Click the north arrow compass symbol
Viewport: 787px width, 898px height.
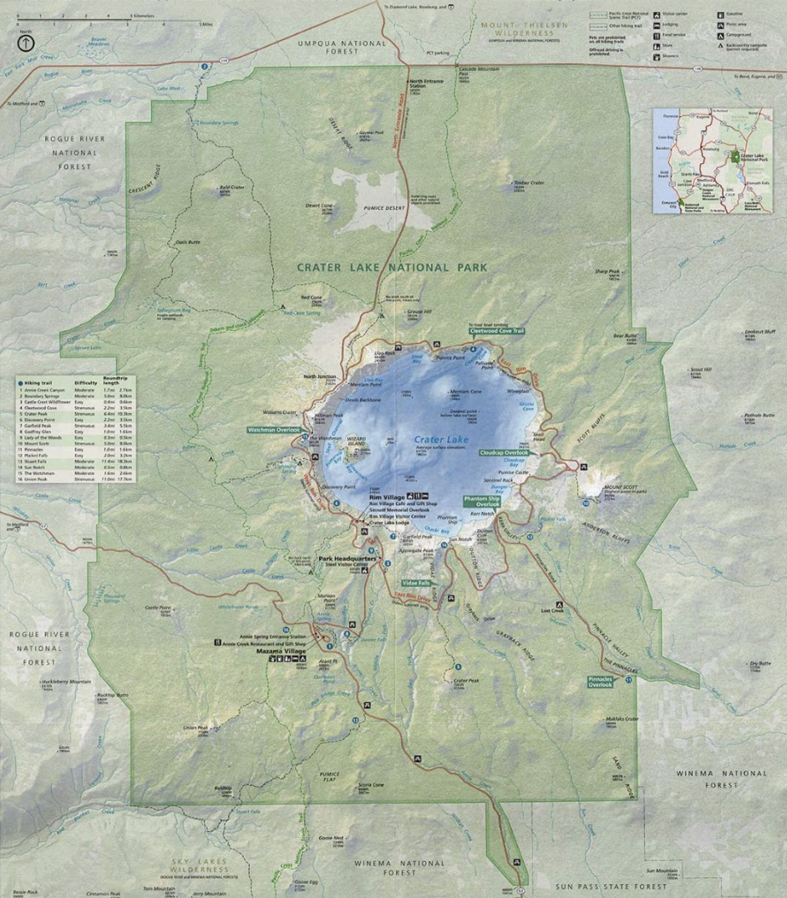coord(26,41)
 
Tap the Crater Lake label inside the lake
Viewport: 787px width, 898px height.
coord(441,439)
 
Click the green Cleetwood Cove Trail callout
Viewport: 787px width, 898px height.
coord(496,331)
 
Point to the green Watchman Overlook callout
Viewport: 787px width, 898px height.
coord(273,429)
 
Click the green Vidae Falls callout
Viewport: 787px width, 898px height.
coord(414,582)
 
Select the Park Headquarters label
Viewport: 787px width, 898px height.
coord(348,559)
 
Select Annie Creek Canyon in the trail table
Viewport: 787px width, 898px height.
coord(46,390)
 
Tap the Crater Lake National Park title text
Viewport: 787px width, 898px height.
coord(392,268)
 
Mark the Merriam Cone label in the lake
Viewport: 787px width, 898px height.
coord(465,391)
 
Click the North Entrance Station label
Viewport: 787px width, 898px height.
coord(428,82)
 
